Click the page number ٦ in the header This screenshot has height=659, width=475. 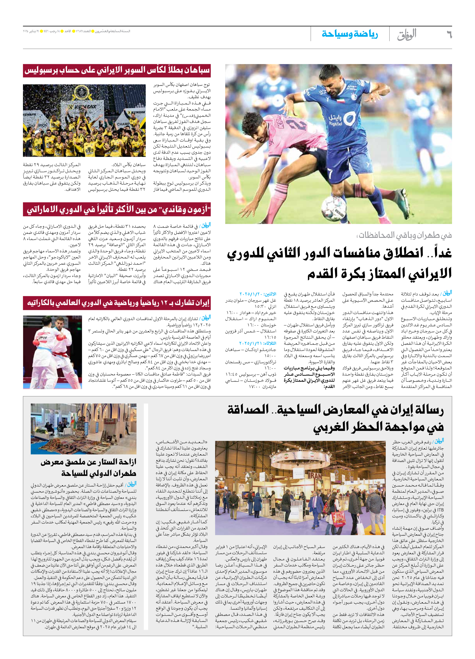point(449,35)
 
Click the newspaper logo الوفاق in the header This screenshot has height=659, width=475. point(407,35)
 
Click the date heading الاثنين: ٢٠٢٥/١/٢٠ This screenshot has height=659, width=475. point(258,294)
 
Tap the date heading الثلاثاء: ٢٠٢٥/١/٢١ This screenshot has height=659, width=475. point(258,343)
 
